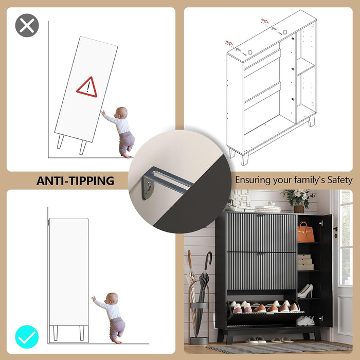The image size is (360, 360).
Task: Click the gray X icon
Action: (x=27, y=25)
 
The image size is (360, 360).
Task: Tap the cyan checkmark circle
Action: (x=27, y=337)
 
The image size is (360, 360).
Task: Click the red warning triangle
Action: (x=87, y=87)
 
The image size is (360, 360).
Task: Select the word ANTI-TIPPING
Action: (x=75, y=181)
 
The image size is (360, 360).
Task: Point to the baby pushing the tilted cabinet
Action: (x=121, y=132)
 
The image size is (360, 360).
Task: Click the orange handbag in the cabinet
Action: (x=306, y=232)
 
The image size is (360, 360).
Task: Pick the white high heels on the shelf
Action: (x=305, y=291)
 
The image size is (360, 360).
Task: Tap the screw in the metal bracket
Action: (x=149, y=184)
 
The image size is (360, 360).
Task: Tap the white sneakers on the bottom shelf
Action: (x=305, y=320)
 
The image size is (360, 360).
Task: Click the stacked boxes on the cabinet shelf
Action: (x=305, y=262)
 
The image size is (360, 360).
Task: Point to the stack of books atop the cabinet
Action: (x=268, y=209)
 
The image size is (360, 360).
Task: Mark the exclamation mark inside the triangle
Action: (x=88, y=88)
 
